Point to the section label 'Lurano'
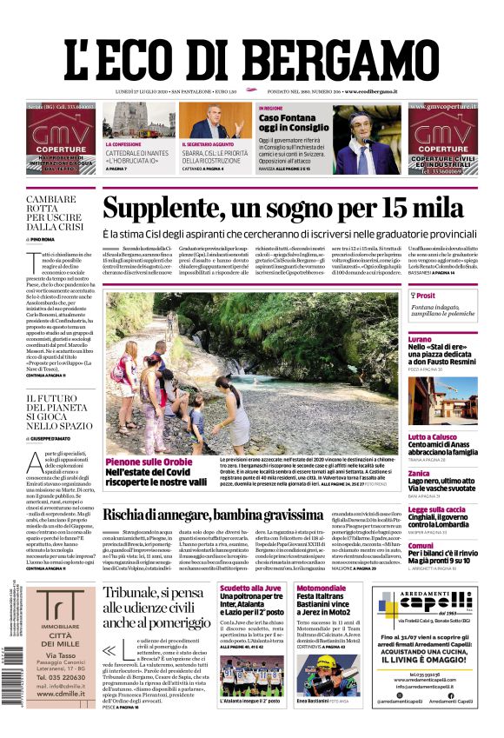pos(420,338)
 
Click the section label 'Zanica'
pos(419,473)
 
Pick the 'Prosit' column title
pos(426,296)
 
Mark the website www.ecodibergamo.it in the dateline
pos(370,91)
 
